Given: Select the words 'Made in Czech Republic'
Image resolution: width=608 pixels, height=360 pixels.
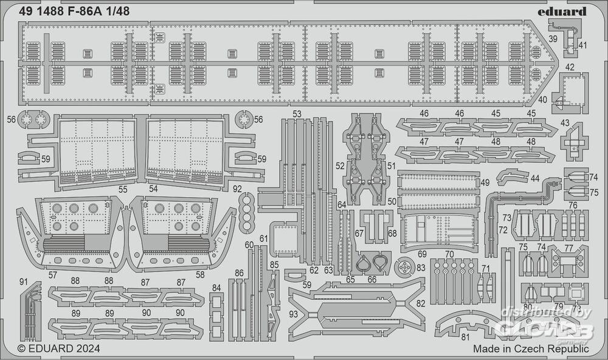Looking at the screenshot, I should coord(531,349).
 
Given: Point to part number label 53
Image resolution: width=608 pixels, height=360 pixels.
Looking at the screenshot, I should coord(297,114).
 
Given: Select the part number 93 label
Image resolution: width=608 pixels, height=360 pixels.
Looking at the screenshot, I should coord(294,314).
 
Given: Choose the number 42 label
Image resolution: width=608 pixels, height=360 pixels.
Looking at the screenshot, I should coord(570,67).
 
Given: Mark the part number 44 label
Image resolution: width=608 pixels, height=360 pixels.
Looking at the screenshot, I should coord(534,178).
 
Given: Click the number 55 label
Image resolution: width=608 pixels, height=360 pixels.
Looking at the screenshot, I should coord(123,189).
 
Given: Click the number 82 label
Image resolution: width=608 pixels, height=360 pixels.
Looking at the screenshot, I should coord(421,303).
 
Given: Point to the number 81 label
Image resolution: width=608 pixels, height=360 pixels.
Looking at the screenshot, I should coord(465,337).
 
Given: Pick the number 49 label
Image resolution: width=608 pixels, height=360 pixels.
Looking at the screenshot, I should coord(485,182).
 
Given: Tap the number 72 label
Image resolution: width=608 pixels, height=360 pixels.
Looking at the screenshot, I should coord(502,229).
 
